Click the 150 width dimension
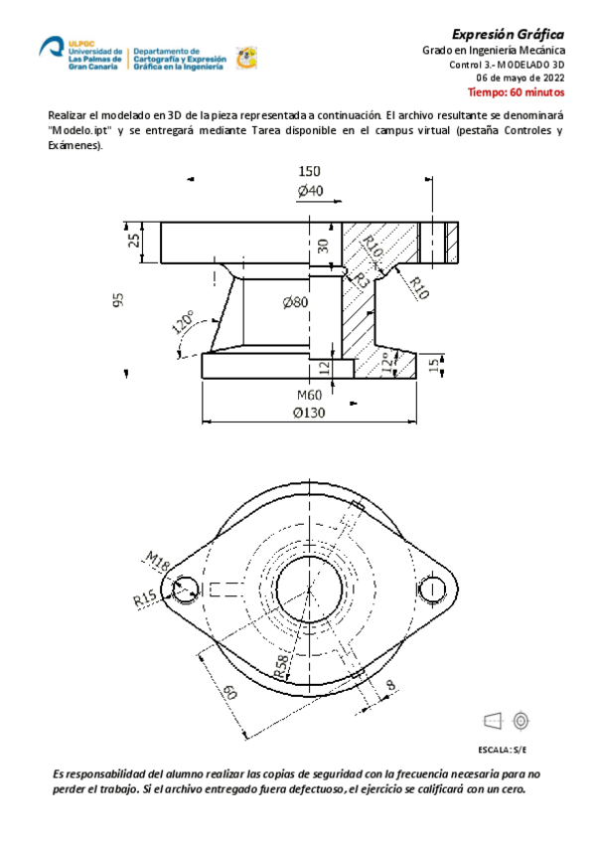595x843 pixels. coord(309,171)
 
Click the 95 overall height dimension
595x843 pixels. coord(117,299)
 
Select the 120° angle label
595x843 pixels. coord(183,324)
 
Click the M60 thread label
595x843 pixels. coord(310,395)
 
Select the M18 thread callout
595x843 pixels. coord(158,561)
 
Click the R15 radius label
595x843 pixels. coord(145,599)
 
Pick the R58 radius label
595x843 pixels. coord(282,666)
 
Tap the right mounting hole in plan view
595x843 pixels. coord(432,589)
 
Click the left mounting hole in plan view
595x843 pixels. coord(184,589)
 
